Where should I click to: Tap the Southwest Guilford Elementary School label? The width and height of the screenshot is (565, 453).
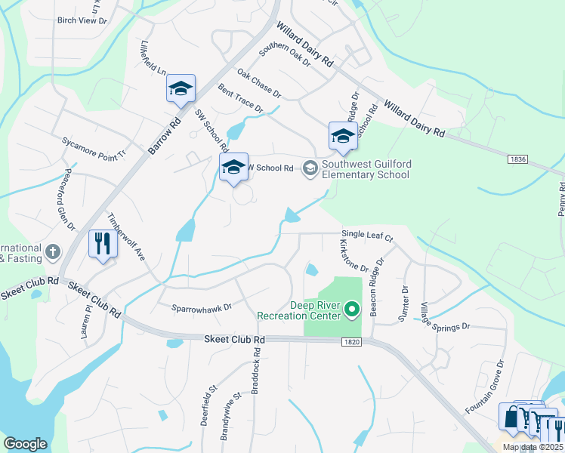366,169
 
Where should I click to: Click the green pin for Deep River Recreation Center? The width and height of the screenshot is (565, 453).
351,309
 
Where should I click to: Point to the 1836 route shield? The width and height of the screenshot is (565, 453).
517,159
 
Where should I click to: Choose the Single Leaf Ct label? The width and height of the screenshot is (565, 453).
368,236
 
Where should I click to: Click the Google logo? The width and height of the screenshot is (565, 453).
25,444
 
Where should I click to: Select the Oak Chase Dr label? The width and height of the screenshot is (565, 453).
258,84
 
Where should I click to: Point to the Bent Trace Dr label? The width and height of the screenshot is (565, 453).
239,99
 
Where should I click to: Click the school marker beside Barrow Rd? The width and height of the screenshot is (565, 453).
181,88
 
